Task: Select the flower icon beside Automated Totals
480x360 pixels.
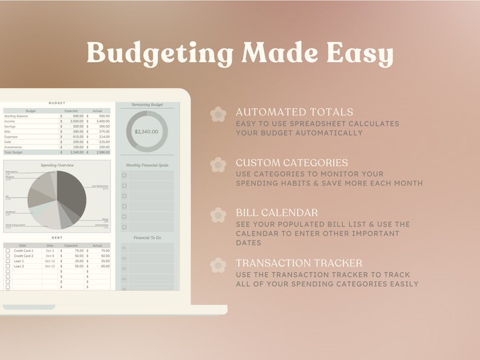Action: coord(218,114)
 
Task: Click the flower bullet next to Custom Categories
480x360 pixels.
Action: coord(218,164)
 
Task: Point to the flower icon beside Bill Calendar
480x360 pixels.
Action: coord(218,214)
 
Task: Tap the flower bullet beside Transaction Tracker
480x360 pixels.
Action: coord(218,265)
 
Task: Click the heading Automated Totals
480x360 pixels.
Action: coord(294,112)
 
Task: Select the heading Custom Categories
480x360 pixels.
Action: coord(291,162)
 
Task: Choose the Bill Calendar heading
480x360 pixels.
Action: coord(277,213)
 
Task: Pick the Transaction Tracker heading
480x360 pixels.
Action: coord(299,263)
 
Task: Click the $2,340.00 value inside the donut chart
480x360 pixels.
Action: coord(146,131)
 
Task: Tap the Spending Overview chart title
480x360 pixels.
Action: coord(57,165)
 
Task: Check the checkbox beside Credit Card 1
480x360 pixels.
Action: coord(8,250)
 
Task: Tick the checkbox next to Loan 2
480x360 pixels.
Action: coord(8,266)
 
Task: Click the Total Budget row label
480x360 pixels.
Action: coord(14,152)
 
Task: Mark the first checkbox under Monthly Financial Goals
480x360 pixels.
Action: coord(125,176)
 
